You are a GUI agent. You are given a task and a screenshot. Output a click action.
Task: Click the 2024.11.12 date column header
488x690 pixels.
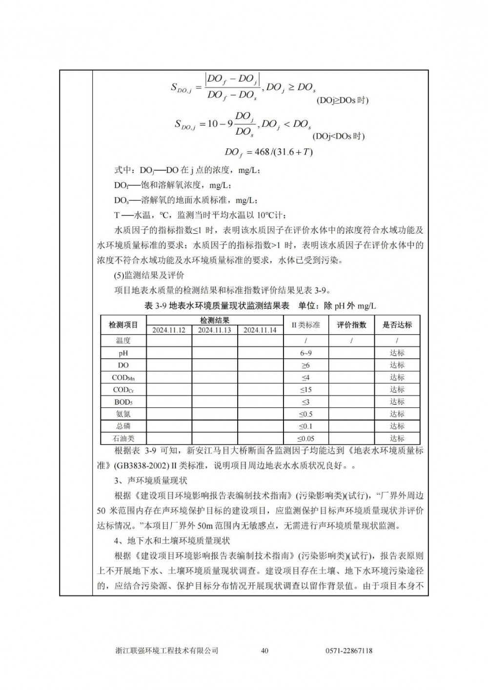coord(169,330)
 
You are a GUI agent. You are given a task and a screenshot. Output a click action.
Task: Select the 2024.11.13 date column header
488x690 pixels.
coord(215,330)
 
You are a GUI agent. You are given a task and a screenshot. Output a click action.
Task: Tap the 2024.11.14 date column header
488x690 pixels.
coord(260,330)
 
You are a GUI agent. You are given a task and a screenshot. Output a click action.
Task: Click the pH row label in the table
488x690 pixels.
coord(123,353)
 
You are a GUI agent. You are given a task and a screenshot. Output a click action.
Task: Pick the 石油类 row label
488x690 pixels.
coord(123,438)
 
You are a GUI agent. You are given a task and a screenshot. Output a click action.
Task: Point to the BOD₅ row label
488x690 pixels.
coord(123,402)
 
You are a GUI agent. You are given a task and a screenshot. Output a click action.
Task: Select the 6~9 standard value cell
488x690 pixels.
coord(305,353)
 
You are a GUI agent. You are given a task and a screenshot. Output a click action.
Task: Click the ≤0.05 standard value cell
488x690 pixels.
coord(305,438)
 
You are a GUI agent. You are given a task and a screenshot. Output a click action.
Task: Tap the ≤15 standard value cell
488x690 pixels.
coord(305,389)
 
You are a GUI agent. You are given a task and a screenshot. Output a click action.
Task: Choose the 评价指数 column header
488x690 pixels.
coord(351,325)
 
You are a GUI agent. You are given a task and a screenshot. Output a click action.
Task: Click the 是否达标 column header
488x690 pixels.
coord(397,325)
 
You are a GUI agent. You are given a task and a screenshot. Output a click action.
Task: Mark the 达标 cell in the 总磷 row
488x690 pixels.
coord(397,426)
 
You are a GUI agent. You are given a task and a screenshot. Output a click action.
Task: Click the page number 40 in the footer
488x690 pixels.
coord(265,650)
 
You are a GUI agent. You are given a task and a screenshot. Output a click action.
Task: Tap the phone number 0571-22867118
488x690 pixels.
coord(348,650)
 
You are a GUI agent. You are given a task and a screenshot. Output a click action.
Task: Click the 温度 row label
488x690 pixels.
coord(123,341)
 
